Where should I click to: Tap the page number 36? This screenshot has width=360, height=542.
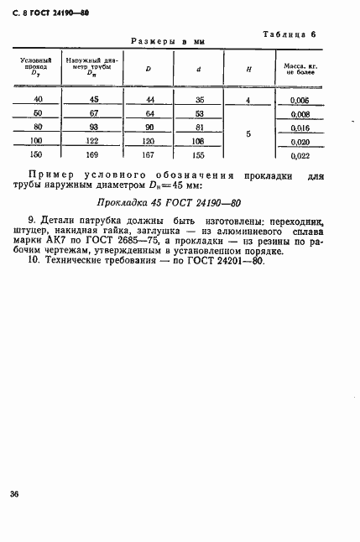[x=14, y=493]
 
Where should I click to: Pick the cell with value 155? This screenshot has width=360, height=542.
[x=198, y=155]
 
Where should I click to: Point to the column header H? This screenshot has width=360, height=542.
[x=248, y=69]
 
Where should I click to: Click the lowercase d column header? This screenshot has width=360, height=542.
[x=198, y=69]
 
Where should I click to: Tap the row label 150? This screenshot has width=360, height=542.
[x=36, y=155]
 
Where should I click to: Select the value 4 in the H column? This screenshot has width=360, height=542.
[x=248, y=99]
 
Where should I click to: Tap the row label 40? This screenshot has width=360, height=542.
[x=36, y=99]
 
